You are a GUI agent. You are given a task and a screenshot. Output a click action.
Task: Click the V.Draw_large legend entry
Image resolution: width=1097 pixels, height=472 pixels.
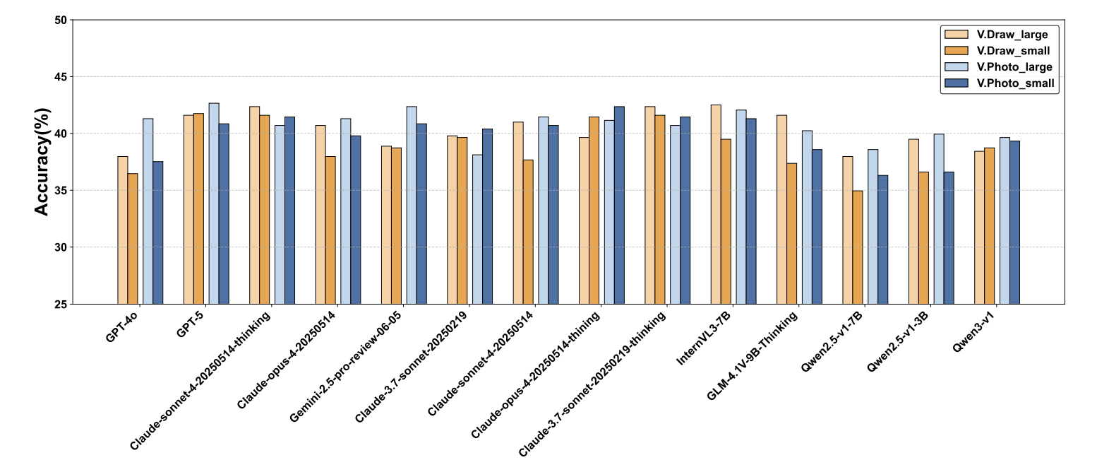point(1012,34)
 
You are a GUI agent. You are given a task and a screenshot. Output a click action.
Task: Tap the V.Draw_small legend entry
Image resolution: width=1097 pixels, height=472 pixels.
point(1012,51)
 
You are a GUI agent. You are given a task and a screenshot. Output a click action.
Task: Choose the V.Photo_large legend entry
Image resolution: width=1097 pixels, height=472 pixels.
point(1014,67)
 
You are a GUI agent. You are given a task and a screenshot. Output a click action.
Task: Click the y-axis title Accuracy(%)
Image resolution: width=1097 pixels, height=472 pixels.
point(42,163)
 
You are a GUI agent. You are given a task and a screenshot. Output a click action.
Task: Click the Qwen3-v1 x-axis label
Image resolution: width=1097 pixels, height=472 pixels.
point(976,329)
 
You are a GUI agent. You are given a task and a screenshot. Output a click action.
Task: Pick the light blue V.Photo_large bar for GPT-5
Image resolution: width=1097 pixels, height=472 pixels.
point(214,203)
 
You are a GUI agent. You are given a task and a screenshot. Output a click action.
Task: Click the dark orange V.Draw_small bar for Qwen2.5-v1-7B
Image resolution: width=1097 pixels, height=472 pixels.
point(858,247)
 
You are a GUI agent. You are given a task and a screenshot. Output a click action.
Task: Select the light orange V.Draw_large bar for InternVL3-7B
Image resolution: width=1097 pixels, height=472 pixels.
point(716,204)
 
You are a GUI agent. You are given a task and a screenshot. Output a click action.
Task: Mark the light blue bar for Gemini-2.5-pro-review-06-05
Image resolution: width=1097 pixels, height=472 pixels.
point(412,205)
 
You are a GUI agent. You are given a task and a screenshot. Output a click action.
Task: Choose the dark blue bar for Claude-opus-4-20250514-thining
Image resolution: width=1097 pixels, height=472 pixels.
point(619,205)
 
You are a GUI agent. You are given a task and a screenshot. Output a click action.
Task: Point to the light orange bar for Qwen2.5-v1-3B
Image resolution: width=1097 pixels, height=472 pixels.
point(913,221)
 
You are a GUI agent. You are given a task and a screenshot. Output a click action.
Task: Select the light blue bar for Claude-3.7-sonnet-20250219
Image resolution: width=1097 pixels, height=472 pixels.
point(477,229)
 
